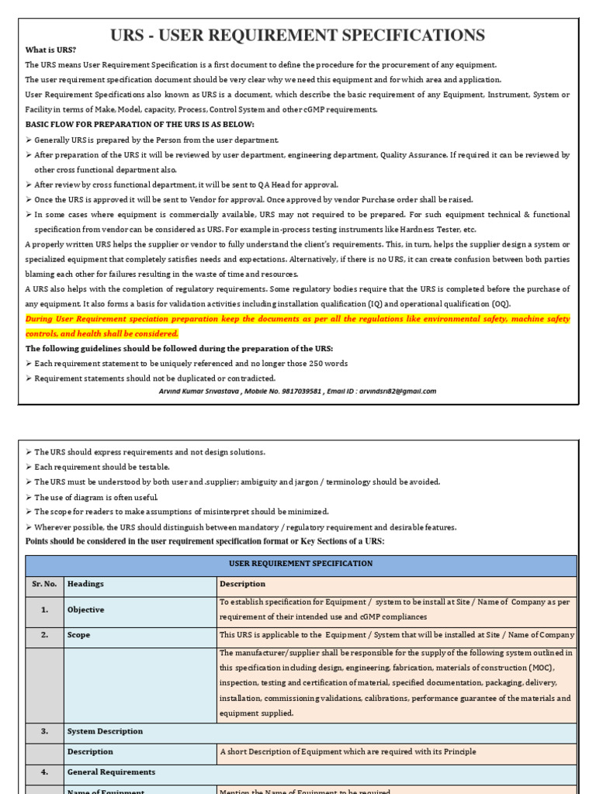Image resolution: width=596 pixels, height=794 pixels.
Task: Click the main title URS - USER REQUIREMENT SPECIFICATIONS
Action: point(298,35)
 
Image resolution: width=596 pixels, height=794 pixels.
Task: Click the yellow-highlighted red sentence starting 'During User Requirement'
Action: point(298,326)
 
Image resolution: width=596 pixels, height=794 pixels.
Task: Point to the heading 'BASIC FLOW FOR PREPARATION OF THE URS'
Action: point(140,124)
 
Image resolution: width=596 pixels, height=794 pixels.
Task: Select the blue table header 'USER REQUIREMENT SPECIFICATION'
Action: point(300,564)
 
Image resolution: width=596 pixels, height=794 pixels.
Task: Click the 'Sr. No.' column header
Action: point(44,584)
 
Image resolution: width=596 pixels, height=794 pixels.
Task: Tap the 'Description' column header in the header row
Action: point(242,584)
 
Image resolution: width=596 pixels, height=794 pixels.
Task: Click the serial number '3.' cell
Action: point(44,731)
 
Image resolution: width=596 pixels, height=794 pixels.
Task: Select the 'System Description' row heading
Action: point(105,731)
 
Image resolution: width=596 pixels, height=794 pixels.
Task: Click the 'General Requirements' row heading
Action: point(111,772)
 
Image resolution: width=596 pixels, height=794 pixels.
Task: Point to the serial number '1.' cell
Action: point(44,610)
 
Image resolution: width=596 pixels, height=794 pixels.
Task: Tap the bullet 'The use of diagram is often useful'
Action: point(95,497)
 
